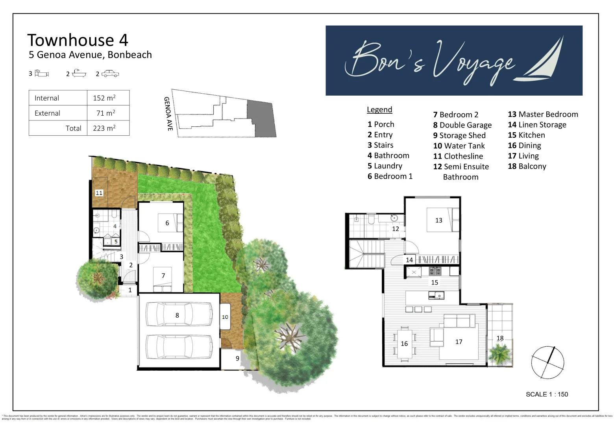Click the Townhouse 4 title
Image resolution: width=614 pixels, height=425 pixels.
tap(78, 40)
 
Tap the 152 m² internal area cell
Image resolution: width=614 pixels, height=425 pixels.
tap(104, 98)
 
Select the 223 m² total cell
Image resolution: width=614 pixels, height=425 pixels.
tap(104, 128)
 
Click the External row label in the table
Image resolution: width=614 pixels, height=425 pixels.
tap(47, 113)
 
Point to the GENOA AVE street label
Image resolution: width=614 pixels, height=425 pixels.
tap(168, 114)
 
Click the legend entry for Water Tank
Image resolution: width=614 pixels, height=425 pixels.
tap(459, 146)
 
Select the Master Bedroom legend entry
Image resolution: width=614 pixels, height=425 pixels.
tap(543, 115)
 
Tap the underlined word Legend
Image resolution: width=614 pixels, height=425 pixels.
tap(379, 110)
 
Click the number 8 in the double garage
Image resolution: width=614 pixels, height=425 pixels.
tap(177, 315)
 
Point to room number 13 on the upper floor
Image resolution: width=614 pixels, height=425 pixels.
tap(438, 220)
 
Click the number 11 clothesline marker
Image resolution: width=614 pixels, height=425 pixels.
tap(99, 193)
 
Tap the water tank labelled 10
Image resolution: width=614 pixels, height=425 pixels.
tap(225, 317)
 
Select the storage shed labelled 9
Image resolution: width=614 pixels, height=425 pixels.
tap(237, 358)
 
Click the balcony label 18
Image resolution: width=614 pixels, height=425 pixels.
tap(500, 338)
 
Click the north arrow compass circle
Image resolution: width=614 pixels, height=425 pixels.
tap(547, 362)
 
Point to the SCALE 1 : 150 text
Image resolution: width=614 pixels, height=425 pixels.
tap(547, 394)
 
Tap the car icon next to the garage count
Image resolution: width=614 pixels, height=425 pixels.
tap(110, 74)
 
